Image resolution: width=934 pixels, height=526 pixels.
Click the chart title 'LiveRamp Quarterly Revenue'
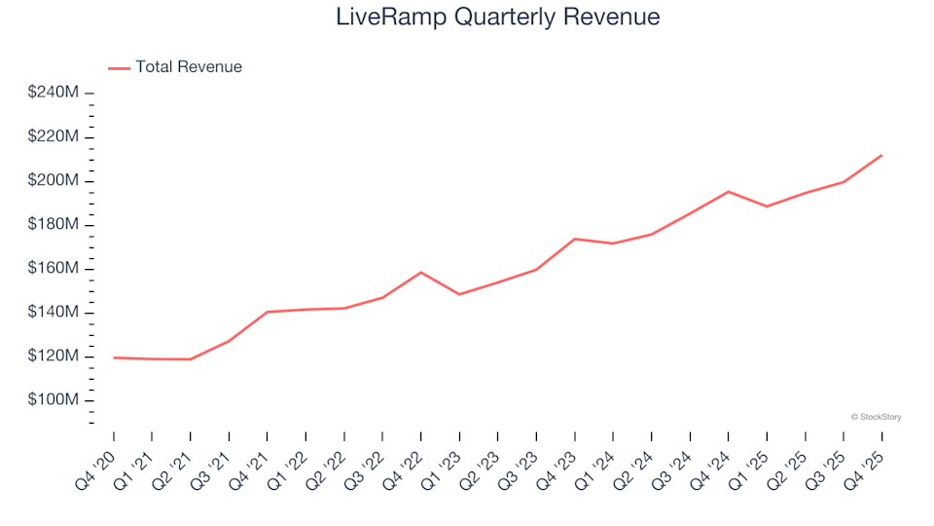[497, 18]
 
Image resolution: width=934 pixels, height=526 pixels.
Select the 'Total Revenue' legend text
[189, 67]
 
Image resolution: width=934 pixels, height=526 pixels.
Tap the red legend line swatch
[119, 68]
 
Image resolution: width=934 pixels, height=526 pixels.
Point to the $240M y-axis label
[54, 93]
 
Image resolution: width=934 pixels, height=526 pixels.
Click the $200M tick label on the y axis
[54, 181]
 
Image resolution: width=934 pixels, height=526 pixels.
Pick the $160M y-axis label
[54, 269]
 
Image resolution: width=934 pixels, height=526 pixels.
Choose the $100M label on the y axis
[54, 400]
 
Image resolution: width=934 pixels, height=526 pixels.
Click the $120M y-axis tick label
[54, 357]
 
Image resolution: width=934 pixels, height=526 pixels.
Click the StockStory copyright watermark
[876, 417]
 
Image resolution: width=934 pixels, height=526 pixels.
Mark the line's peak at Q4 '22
[420, 272]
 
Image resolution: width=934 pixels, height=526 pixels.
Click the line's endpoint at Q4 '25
[881, 155]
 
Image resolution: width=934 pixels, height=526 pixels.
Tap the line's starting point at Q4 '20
[114, 357]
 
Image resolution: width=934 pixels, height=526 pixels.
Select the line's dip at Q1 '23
[459, 294]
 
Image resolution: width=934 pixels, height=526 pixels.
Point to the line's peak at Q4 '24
[728, 191]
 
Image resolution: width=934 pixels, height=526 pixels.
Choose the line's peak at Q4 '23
[574, 239]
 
